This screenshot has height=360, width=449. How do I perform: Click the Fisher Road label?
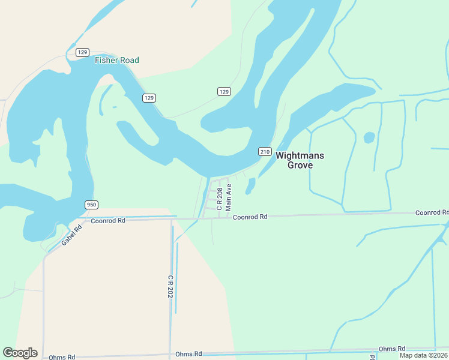(x=116, y=60)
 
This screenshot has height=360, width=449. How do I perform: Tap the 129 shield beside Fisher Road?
(x=83, y=52)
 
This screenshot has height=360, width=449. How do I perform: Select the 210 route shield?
(x=265, y=151)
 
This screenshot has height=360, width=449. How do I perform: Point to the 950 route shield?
(x=91, y=205)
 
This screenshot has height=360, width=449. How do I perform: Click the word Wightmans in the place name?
(x=300, y=155)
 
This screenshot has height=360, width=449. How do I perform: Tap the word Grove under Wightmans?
(x=300, y=165)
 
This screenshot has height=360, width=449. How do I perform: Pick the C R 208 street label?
(x=220, y=199)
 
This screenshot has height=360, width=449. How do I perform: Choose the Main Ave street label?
(x=228, y=197)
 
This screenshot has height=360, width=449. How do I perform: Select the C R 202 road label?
(x=170, y=287)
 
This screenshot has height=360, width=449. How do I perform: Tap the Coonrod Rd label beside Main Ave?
(x=250, y=217)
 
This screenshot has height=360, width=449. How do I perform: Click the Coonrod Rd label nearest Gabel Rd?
(x=108, y=220)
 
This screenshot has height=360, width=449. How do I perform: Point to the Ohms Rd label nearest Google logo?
(x=62, y=357)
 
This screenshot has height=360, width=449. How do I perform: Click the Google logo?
(x=20, y=353)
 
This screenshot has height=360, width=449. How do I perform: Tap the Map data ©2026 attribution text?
(x=423, y=355)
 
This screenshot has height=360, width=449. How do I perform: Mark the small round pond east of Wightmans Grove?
(x=369, y=137)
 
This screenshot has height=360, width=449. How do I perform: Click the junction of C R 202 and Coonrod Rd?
(x=172, y=219)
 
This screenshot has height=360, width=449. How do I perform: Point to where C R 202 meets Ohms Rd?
(x=170, y=354)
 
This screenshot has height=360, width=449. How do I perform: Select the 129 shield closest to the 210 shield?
(x=223, y=91)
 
